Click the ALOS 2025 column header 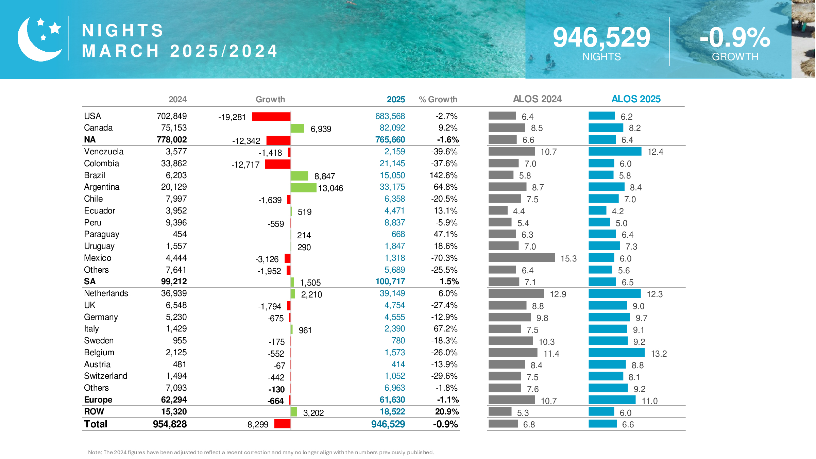(636, 99)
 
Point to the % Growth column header (438, 99)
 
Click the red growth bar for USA (271, 117)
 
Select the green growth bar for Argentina (304, 188)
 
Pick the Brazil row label (95, 175)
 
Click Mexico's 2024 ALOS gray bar (522, 258)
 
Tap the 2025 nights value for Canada (392, 128)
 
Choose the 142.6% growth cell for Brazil (443, 175)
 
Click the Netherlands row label (106, 293)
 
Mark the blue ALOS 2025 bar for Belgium (616, 353)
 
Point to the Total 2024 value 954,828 (170, 424)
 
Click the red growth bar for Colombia (277, 164)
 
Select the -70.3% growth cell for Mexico (444, 258)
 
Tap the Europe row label (98, 400)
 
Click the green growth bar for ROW (294, 412)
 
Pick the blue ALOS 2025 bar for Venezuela (615, 151)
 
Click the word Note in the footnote (95, 452)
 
